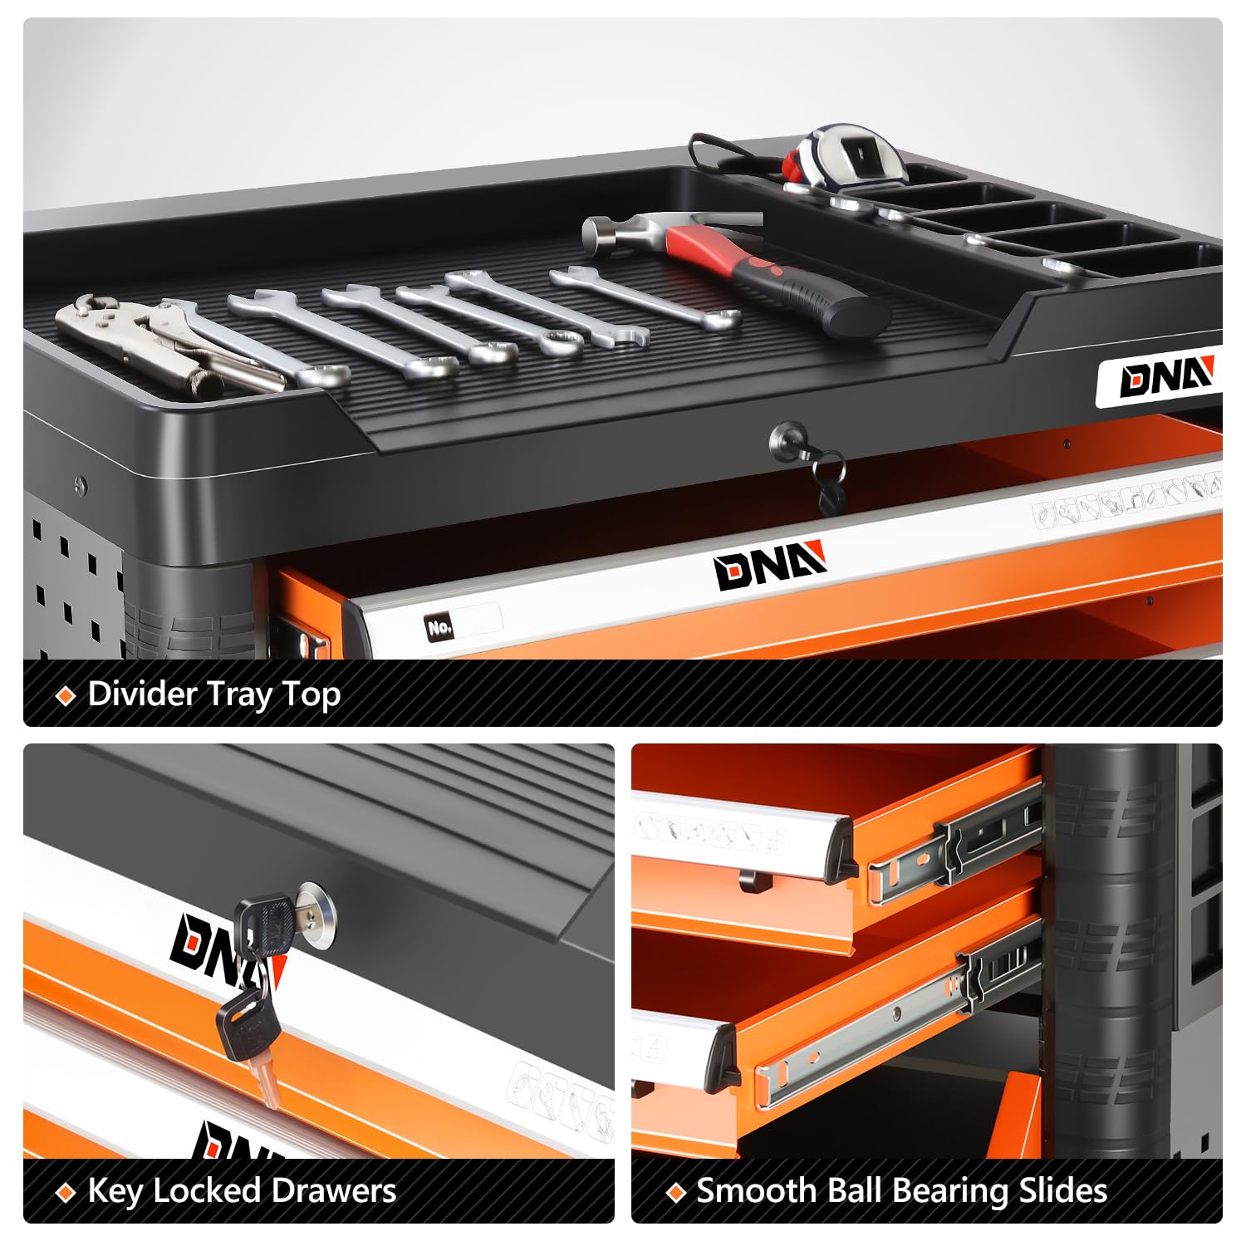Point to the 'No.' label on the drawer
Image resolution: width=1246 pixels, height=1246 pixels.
point(439,627)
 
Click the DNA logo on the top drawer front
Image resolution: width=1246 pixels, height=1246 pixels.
point(771,565)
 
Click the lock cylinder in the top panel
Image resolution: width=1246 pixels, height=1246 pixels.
point(787,437)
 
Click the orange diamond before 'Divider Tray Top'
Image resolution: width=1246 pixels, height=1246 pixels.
point(65,695)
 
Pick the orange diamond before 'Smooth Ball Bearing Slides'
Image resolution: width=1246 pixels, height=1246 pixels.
point(676,1192)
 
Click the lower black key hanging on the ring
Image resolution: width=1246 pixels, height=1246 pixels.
point(249,1034)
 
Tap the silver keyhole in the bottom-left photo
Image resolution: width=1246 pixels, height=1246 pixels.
point(318,911)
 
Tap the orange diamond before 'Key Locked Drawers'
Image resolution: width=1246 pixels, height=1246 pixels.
point(65,1194)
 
